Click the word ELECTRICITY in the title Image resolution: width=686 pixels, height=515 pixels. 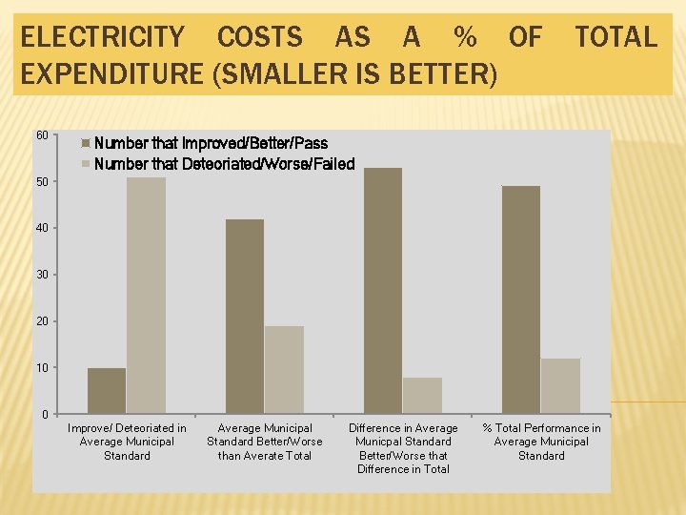103,38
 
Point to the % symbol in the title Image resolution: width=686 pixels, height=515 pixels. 465,38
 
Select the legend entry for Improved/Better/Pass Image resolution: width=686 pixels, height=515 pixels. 210,144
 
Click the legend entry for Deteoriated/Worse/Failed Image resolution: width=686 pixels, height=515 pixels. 223,164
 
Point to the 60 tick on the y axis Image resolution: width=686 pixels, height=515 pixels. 42,135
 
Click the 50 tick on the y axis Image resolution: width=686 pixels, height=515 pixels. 42,181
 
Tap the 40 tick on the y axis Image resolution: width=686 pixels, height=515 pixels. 42,228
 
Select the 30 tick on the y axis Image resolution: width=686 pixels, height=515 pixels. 42,275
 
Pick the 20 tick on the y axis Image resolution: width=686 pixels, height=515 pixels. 42,321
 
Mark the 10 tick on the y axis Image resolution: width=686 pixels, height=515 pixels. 42,367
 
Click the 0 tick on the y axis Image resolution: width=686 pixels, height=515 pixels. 45,414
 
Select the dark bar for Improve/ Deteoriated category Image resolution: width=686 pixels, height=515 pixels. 107,390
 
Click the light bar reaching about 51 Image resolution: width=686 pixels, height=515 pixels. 146,295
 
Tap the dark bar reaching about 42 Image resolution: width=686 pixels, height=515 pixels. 245,316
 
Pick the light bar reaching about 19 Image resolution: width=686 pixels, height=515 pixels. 284,369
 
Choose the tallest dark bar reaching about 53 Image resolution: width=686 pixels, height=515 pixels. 383,290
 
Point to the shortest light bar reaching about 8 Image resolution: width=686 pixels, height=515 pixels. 422,395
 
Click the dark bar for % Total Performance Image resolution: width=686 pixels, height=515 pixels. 521,299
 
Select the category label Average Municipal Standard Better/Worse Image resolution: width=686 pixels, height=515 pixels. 265,442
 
